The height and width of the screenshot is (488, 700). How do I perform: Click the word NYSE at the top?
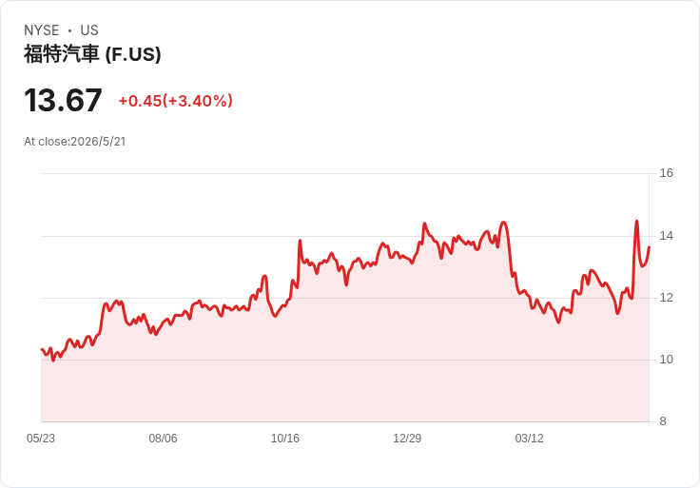click(42, 30)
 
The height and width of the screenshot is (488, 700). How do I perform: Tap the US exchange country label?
click(89, 30)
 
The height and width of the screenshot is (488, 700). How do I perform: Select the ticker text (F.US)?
click(133, 54)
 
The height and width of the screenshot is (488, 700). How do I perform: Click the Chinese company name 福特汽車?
click(61, 54)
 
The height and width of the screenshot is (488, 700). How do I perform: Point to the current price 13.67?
click(63, 100)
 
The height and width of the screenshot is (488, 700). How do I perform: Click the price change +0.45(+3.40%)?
click(175, 101)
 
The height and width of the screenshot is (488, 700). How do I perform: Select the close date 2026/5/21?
click(98, 142)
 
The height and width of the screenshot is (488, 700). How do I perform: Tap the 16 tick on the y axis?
click(666, 173)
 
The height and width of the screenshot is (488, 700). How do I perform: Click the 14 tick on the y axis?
click(666, 236)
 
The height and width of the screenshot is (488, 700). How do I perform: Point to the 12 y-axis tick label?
click(666, 298)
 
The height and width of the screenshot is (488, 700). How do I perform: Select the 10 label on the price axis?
click(666, 360)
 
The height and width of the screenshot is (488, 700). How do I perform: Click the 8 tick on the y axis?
click(663, 421)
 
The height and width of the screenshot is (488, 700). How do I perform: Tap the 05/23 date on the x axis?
click(41, 439)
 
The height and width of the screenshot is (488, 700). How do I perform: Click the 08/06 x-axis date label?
click(163, 439)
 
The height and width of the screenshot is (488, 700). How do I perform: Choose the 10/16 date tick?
click(285, 439)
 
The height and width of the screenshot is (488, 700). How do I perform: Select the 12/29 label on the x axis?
click(407, 439)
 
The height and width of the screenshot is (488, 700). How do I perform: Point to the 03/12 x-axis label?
click(530, 439)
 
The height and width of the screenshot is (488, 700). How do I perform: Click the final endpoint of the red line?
click(649, 246)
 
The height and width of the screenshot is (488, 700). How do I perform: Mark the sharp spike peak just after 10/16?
click(300, 241)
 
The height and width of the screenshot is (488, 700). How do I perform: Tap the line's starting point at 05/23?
click(42, 349)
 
